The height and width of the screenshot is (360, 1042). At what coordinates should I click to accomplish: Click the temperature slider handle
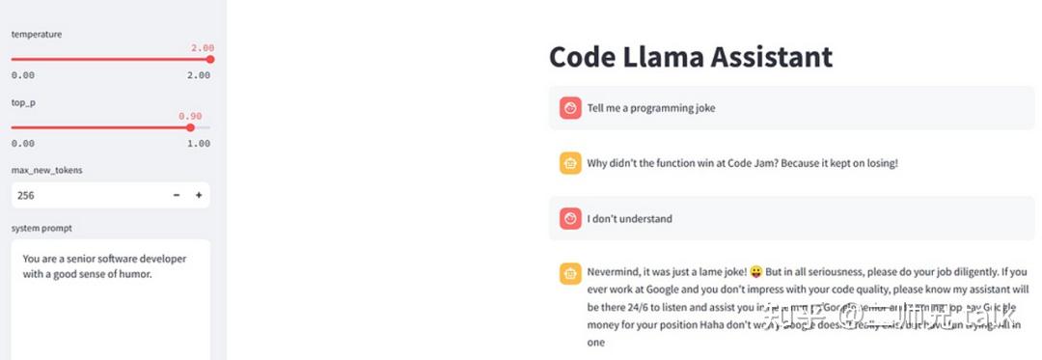[x=210, y=59]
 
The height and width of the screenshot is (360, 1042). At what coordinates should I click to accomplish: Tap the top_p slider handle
[x=190, y=127]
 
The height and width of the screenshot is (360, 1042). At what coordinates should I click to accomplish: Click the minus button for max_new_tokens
[x=177, y=195]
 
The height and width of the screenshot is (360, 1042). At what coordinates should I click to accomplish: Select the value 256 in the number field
[x=26, y=195]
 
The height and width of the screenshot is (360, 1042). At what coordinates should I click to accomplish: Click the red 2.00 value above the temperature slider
[x=202, y=47]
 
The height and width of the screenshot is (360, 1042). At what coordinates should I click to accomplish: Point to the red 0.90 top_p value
[x=190, y=116]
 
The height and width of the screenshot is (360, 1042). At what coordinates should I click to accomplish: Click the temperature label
[x=37, y=34]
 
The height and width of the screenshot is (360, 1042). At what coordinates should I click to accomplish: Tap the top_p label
[x=23, y=102]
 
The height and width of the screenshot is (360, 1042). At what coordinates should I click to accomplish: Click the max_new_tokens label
[x=46, y=170]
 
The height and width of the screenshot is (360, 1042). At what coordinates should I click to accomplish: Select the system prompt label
[x=41, y=228]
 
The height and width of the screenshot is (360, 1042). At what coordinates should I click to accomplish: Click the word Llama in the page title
[x=664, y=56]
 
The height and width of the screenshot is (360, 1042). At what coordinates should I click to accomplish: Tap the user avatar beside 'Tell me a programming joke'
[x=570, y=108]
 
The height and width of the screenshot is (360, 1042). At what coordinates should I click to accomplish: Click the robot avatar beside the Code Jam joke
[x=570, y=163]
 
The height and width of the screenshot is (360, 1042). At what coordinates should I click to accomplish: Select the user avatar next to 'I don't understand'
[x=570, y=219]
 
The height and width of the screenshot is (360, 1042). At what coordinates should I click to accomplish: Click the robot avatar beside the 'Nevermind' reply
[x=570, y=273]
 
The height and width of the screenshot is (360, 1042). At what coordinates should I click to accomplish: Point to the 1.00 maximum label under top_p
[x=199, y=143]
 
